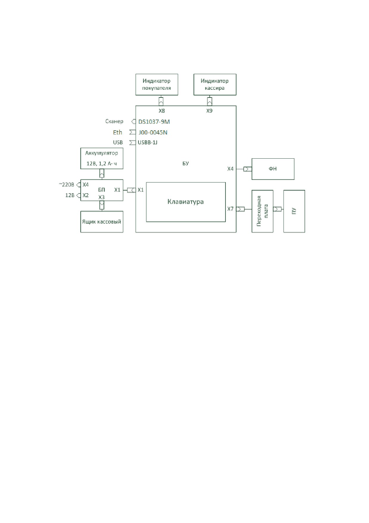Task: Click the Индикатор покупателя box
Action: coord(157,85)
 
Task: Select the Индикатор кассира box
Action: coord(215,85)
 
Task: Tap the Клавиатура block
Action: coord(186,202)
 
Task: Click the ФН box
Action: coord(273,169)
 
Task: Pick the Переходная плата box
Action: coord(262,211)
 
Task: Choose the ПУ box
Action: coord(294,211)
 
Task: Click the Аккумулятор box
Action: coord(102,158)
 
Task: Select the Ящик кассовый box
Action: coord(102,222)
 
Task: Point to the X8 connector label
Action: coord(161,111)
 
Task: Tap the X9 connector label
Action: coord(209,111)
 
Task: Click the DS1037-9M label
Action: coord(154,122)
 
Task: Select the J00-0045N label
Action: coord(153,132)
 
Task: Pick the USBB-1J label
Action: coord(147,142)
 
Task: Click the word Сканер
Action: coord(114,121)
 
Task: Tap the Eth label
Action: coord(118,132)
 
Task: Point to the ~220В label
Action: coord(66,185)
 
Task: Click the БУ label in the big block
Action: coord(186,163)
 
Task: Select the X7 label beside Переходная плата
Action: coord(231,209)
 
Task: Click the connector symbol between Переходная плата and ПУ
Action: coord(277,209)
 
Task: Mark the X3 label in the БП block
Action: coord(102,197)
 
